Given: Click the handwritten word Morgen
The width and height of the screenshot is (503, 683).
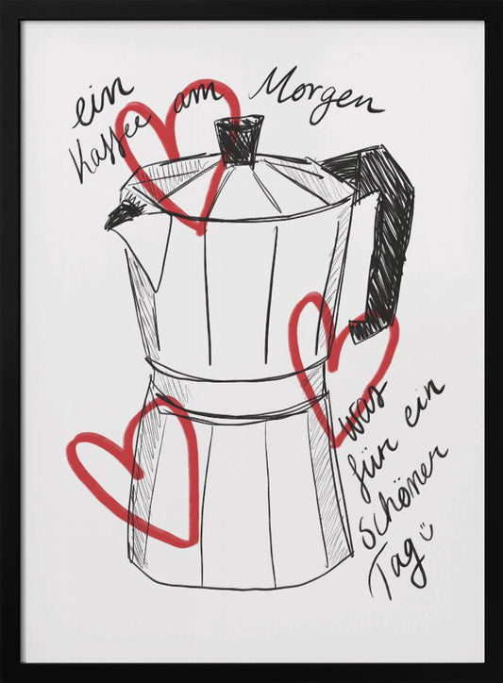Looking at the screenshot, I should point(316,95).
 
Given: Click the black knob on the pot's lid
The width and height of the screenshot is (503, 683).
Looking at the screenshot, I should point(235,141).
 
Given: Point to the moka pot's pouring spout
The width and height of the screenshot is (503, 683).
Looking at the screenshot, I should point(119,216).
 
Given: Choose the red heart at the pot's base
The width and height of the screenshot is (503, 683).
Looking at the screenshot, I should point(142,467).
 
